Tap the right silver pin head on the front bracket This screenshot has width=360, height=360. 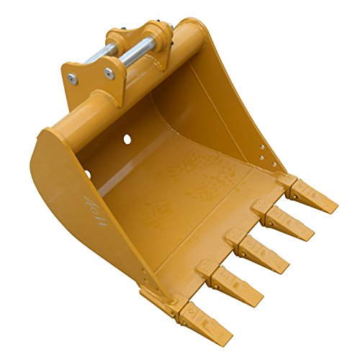pos(109,72)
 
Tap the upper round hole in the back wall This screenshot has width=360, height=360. pos(127,138)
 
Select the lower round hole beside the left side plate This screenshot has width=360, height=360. pos(87,174)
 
